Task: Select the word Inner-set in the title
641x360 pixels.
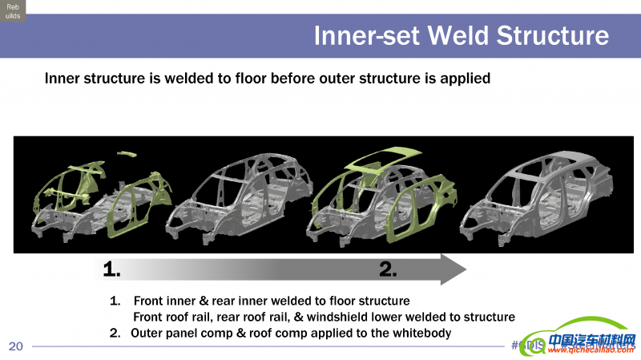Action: (365, 36)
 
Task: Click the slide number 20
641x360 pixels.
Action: (16, 346)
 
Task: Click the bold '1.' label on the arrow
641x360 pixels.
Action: (113, 269)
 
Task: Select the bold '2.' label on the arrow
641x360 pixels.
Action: (389, 269)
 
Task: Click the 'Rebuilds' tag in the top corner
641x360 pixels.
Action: (13, 10)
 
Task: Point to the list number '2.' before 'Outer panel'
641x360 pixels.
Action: (115, 333)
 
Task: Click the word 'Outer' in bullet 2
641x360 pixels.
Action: (147, 333)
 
